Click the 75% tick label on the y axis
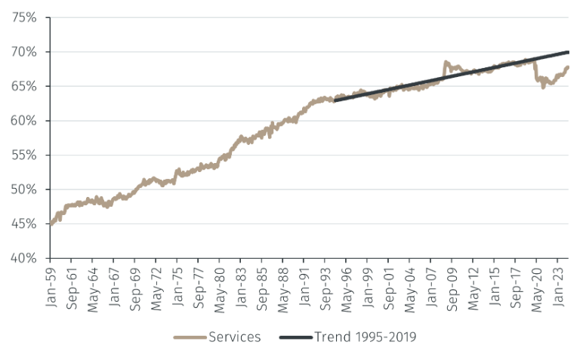coord(24,17)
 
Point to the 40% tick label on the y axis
coord(24,258)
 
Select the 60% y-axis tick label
coord(24,121)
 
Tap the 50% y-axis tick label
coord(24,189)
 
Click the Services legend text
coord(234,337)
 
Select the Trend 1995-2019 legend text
coord(365,337)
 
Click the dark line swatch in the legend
coord(295,337)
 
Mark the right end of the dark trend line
coord(568,52)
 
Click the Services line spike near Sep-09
coord(446,63)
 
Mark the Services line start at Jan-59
coord(51,223)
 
